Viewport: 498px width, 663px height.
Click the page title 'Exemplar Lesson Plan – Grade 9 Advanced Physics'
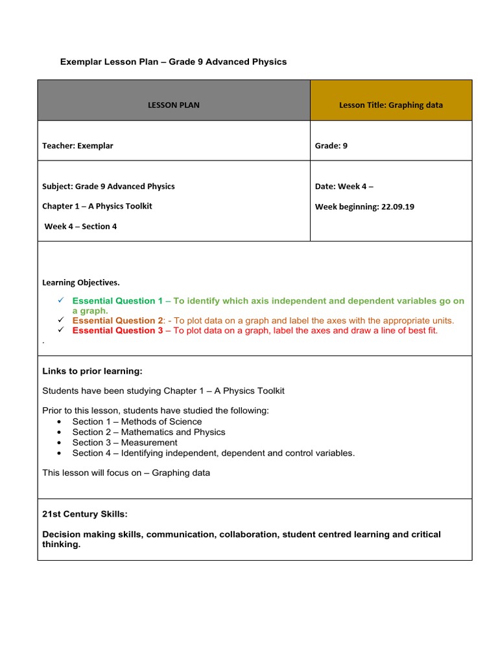[173, 62]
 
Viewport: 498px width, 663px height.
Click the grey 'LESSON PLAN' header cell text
[173, 105]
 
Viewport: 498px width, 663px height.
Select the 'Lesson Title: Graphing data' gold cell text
[391, 105]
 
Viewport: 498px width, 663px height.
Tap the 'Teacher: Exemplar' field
[78, 146]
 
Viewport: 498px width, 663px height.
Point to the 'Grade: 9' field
[331, 146]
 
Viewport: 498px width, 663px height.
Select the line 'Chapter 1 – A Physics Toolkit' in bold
[97, 206]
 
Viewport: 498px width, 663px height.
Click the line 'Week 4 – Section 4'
[80, 227]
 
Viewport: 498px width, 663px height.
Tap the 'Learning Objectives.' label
[81, 282]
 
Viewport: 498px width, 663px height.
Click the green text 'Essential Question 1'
[117, 301]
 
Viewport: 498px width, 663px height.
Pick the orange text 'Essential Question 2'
[117, 320]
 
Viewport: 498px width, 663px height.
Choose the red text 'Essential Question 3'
[117, 330]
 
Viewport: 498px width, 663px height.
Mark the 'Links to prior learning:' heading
[92, 371]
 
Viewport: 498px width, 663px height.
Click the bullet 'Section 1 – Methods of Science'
[137, 421]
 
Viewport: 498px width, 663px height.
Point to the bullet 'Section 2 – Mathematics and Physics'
[148, 432]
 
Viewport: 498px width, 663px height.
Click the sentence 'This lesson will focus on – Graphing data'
[126, 473]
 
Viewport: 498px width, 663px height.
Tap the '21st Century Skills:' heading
[85, 514]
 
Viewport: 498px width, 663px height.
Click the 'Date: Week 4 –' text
[344, 186]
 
